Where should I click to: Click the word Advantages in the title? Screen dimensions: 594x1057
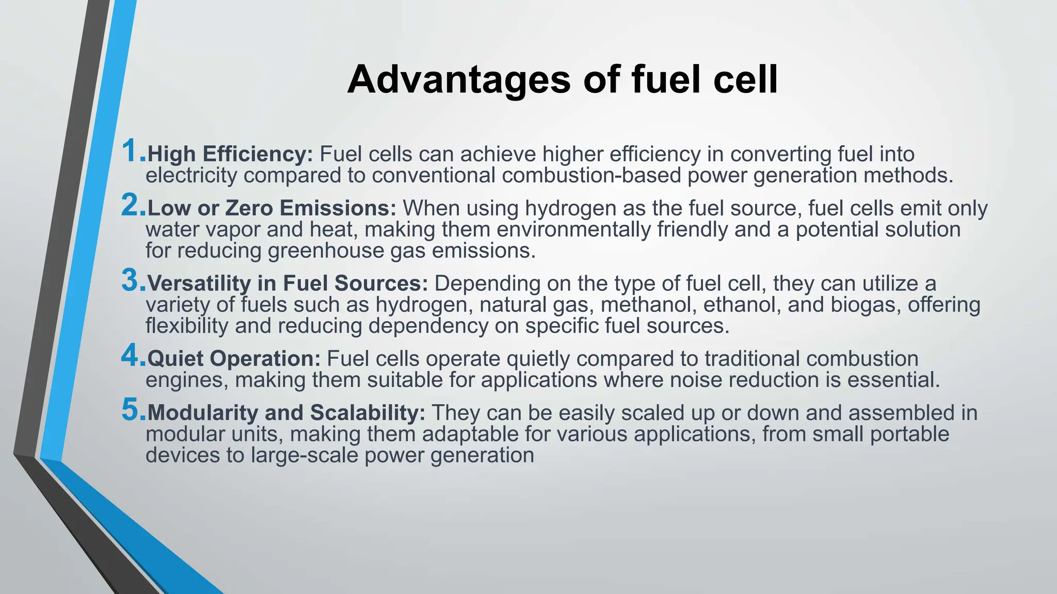(459, 80)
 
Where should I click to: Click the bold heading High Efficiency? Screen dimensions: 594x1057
(230, 154)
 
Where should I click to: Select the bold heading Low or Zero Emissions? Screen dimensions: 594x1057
(271, 208)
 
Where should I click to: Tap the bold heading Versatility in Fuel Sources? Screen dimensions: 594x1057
(287, 284)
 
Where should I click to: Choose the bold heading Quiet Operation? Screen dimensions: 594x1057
(234, 359)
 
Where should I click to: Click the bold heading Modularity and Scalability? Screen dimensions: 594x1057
(286, 413)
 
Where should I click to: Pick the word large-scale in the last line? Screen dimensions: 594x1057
(305, 455)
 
